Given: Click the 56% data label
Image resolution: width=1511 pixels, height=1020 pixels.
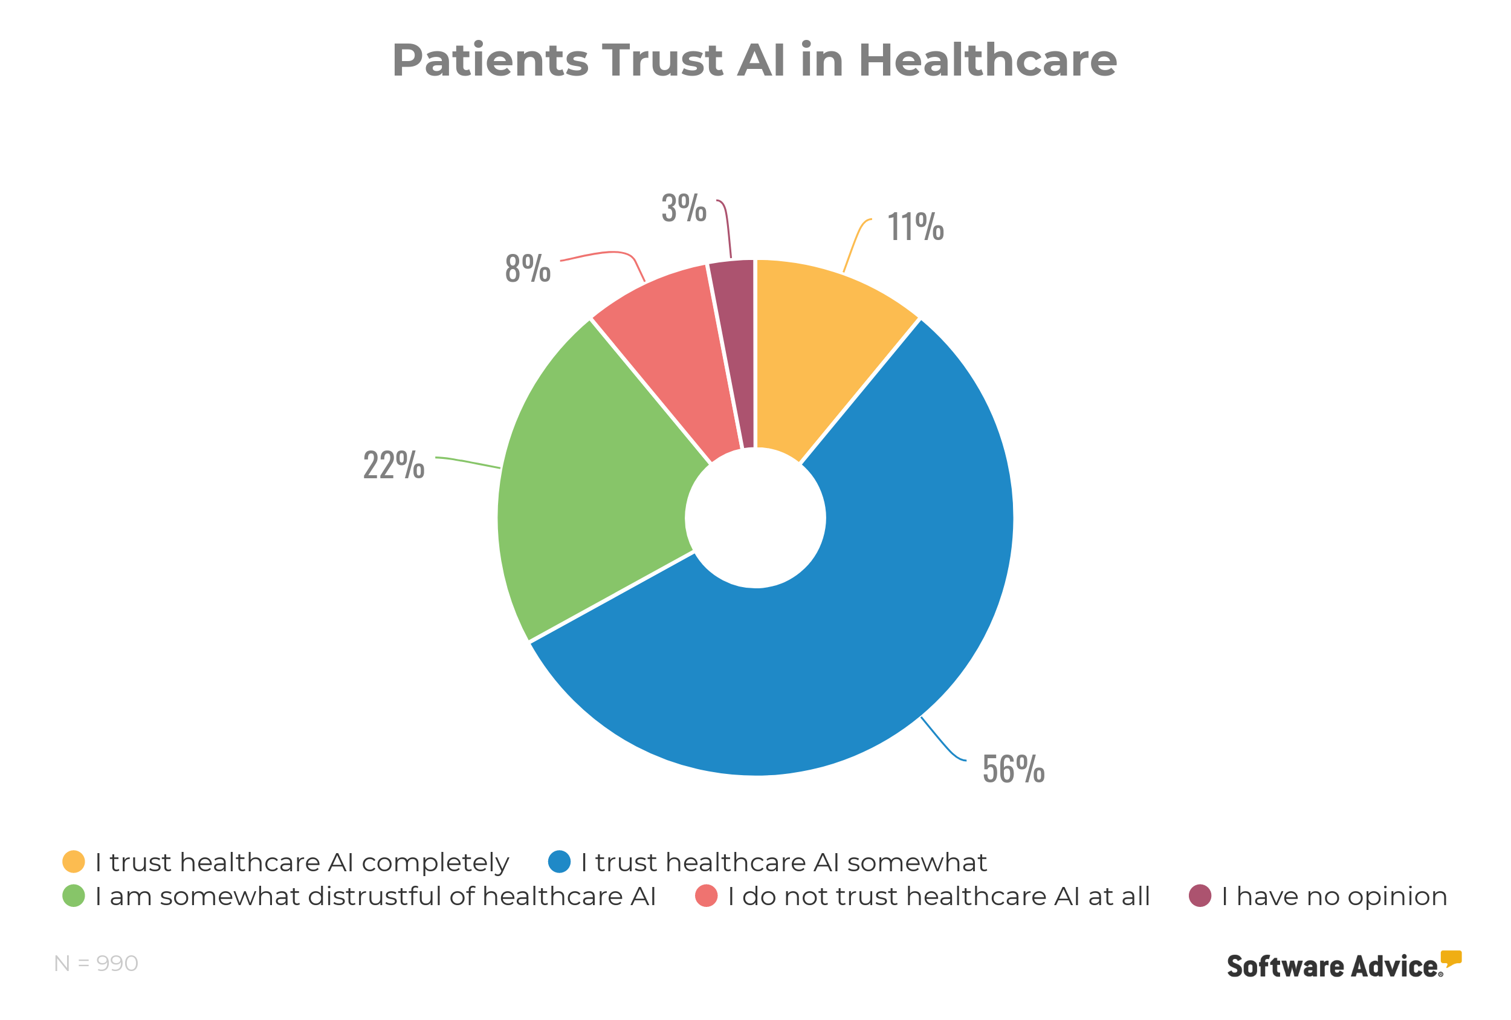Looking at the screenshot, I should click(x=1013, y=769).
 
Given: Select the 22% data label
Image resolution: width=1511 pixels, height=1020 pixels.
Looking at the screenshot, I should click(x=393, y=465).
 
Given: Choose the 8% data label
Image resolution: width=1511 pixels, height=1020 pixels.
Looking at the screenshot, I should click(x=527, y=268).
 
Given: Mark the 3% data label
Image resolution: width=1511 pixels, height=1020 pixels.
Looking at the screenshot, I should click(x=684, y=208).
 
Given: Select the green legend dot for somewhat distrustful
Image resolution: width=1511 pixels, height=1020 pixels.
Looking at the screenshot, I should click(x=74, y=896).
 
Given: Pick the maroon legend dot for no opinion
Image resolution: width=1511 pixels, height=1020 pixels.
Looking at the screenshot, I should click(x=1200, y=896).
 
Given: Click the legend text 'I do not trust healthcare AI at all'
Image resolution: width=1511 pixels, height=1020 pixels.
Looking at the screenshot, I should click(x=938, y=897).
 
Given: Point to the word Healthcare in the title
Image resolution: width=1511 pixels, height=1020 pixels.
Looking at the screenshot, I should click(x=987, y=60).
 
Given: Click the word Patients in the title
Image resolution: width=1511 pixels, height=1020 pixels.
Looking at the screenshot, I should click(x=490, y=60).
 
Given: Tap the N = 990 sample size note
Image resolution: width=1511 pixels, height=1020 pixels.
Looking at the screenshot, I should click(x=96, y=963).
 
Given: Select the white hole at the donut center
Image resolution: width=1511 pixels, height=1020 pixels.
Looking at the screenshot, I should click(x=755, y=518).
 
